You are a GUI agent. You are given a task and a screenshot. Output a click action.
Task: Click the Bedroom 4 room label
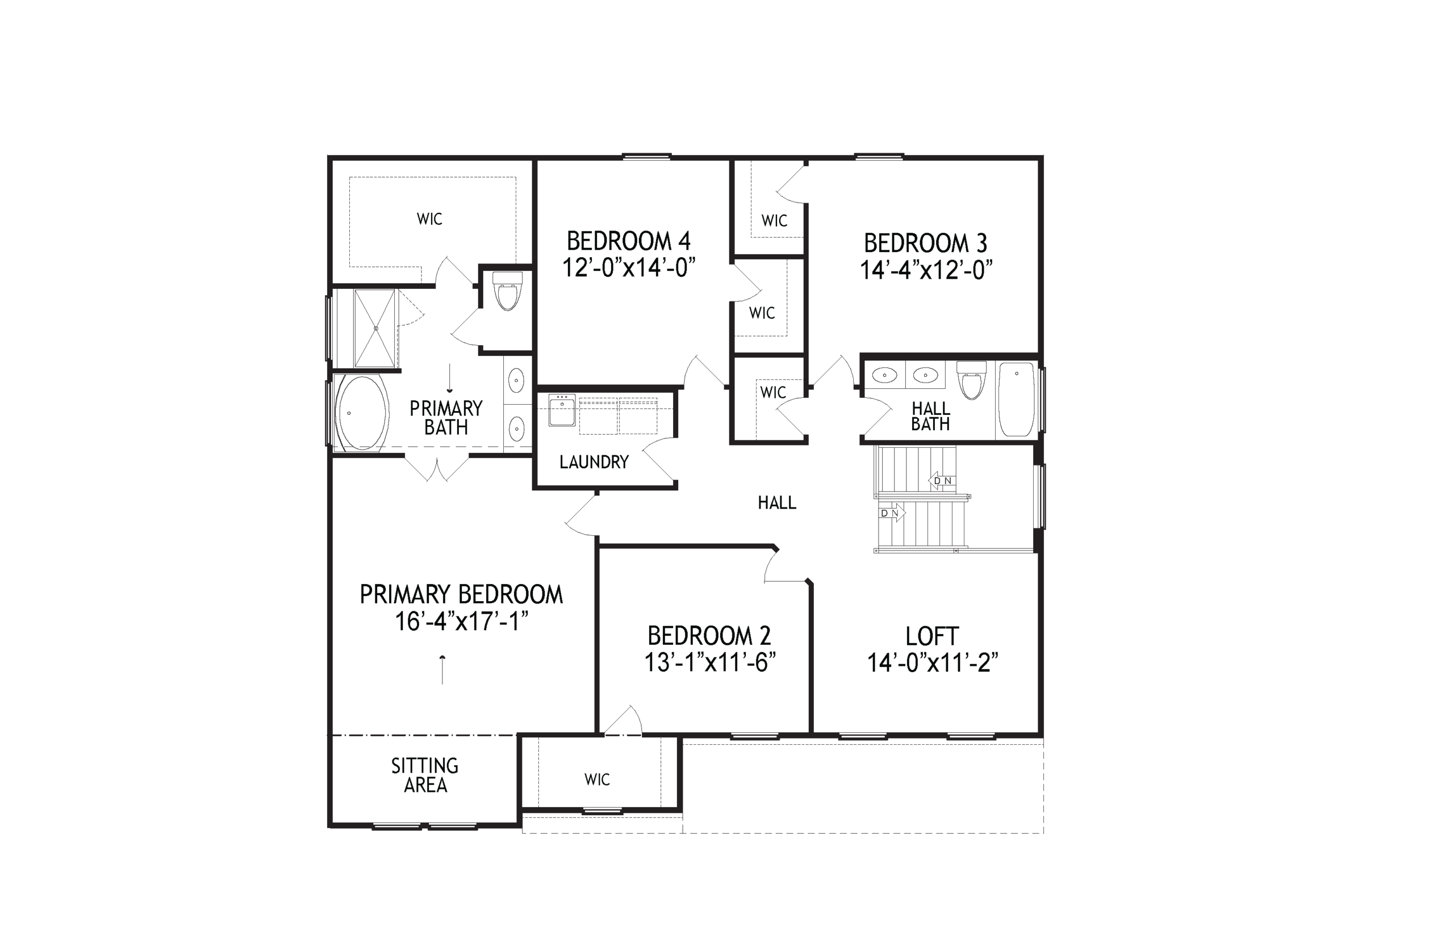coord(628,241)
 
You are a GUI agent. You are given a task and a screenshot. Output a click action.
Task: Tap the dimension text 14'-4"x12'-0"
coord(926,270)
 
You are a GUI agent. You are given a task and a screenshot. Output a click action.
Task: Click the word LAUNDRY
coord(594,462)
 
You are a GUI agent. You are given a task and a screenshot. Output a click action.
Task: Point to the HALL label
coord(777,502)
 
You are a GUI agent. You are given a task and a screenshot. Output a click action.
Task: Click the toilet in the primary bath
coord(507,291)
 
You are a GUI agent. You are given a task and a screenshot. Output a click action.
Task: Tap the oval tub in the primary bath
coord(362,413)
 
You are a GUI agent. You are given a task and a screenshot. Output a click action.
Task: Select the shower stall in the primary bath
coord(375,329)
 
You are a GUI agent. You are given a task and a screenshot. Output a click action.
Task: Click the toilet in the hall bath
coord(971,380)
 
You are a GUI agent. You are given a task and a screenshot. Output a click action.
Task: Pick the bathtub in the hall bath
coord(1016,400)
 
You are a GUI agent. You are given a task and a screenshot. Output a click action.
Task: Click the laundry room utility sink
coord(562,410)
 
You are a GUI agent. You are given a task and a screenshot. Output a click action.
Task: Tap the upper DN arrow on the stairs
coord(941,481)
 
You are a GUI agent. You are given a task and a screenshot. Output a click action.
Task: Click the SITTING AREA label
coord(425,775)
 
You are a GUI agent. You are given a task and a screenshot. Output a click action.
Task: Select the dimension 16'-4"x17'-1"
coord(461,622)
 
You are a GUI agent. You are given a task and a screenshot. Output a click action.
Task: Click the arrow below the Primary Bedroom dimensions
coord(442,670)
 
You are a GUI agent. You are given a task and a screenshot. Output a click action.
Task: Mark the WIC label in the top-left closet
coord(429,219)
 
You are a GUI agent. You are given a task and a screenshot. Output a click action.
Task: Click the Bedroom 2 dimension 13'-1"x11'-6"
coord(709,662)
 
